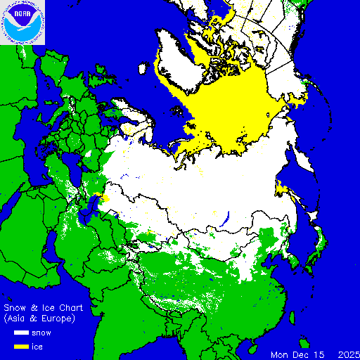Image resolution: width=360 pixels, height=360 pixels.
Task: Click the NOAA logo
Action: pos(22,22)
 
